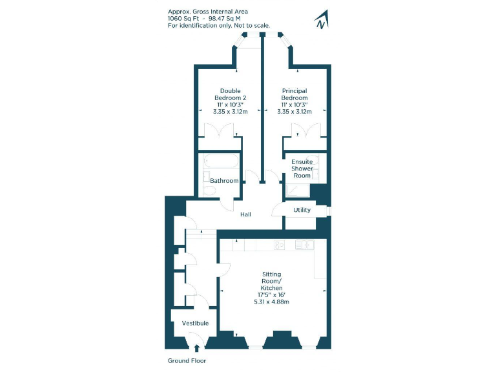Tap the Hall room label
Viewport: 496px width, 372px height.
tap(245, 214)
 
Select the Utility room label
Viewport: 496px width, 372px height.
tap(302, 210)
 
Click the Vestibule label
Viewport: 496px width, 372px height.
tap(195, 323)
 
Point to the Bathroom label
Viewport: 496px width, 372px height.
tap(224, 181)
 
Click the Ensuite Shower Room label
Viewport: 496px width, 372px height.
tap(302, 169)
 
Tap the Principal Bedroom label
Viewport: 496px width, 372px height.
tap(294, 98)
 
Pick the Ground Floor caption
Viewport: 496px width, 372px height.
tap(187, 361)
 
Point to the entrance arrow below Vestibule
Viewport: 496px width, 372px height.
tap(196, 349)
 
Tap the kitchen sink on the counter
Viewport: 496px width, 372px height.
tap(304, 245)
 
